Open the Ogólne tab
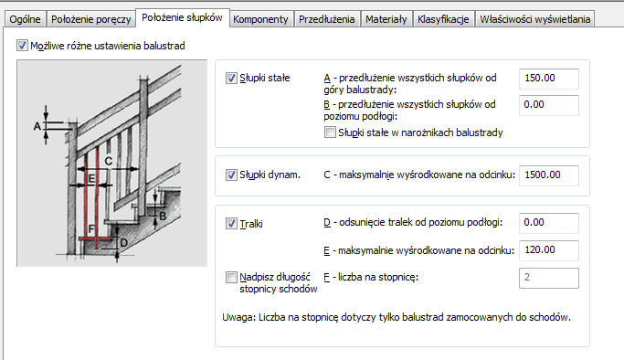tap(25, 19)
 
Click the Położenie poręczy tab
tap(91, 19)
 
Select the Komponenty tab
tap(260, 19)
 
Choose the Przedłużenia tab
tap(327, 19)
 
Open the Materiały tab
tap(386, 19)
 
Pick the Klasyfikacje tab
tap(443, 19)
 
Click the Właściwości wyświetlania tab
tap(534, 19)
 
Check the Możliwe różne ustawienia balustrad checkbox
tap(22, 46)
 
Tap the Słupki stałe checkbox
tap(231, 78)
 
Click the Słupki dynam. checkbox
tap(231, 175)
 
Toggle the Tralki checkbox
tap(231, 224)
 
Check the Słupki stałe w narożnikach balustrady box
tap(330, 132)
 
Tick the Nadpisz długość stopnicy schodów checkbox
tap(231, 277)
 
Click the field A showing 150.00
tap(549, 79)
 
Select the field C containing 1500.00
tap(549, 175)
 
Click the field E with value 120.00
tap(549, 250)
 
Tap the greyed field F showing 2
tap(549, 278)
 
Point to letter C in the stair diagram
tap(108, 161)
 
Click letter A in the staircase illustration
tap(37, 126)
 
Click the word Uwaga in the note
tap(238, 317)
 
